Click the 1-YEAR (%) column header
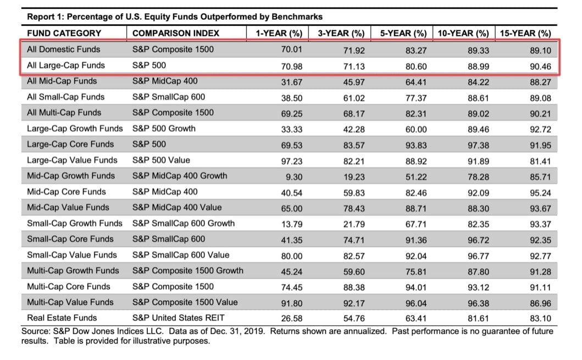coord(279,33)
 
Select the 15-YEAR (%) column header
coord(525,33)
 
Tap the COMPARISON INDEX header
coord(175,33)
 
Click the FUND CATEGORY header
coord(64,33)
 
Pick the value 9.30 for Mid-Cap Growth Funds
coord(293,176)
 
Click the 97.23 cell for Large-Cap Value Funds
coord(290,160)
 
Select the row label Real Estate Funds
coord(62,318)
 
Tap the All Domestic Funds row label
coord(64,49)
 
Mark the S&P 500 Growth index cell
coord(164,129)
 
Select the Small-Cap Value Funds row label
coord(72,255)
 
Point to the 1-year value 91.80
coord(290,302)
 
